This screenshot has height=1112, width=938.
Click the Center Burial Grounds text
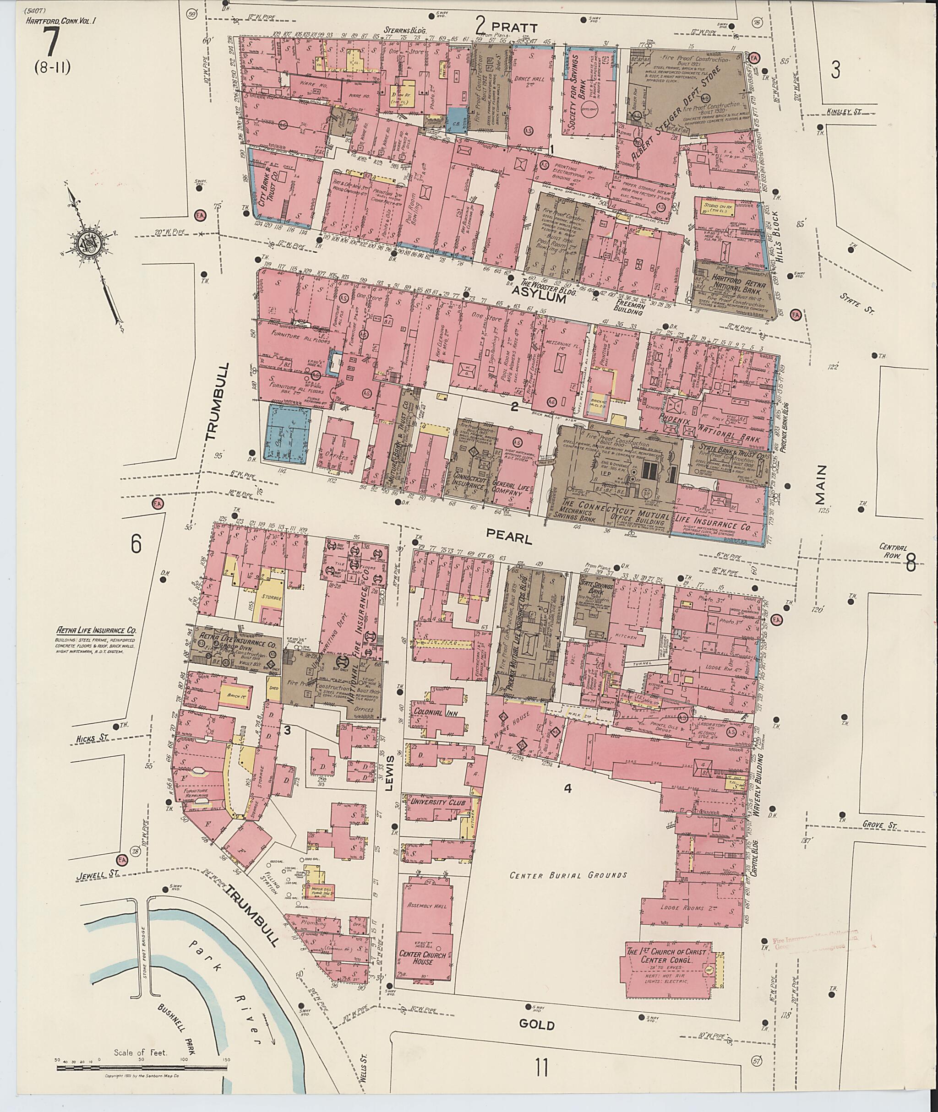click(568, 875)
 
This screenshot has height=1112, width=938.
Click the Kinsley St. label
click(844, 112)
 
